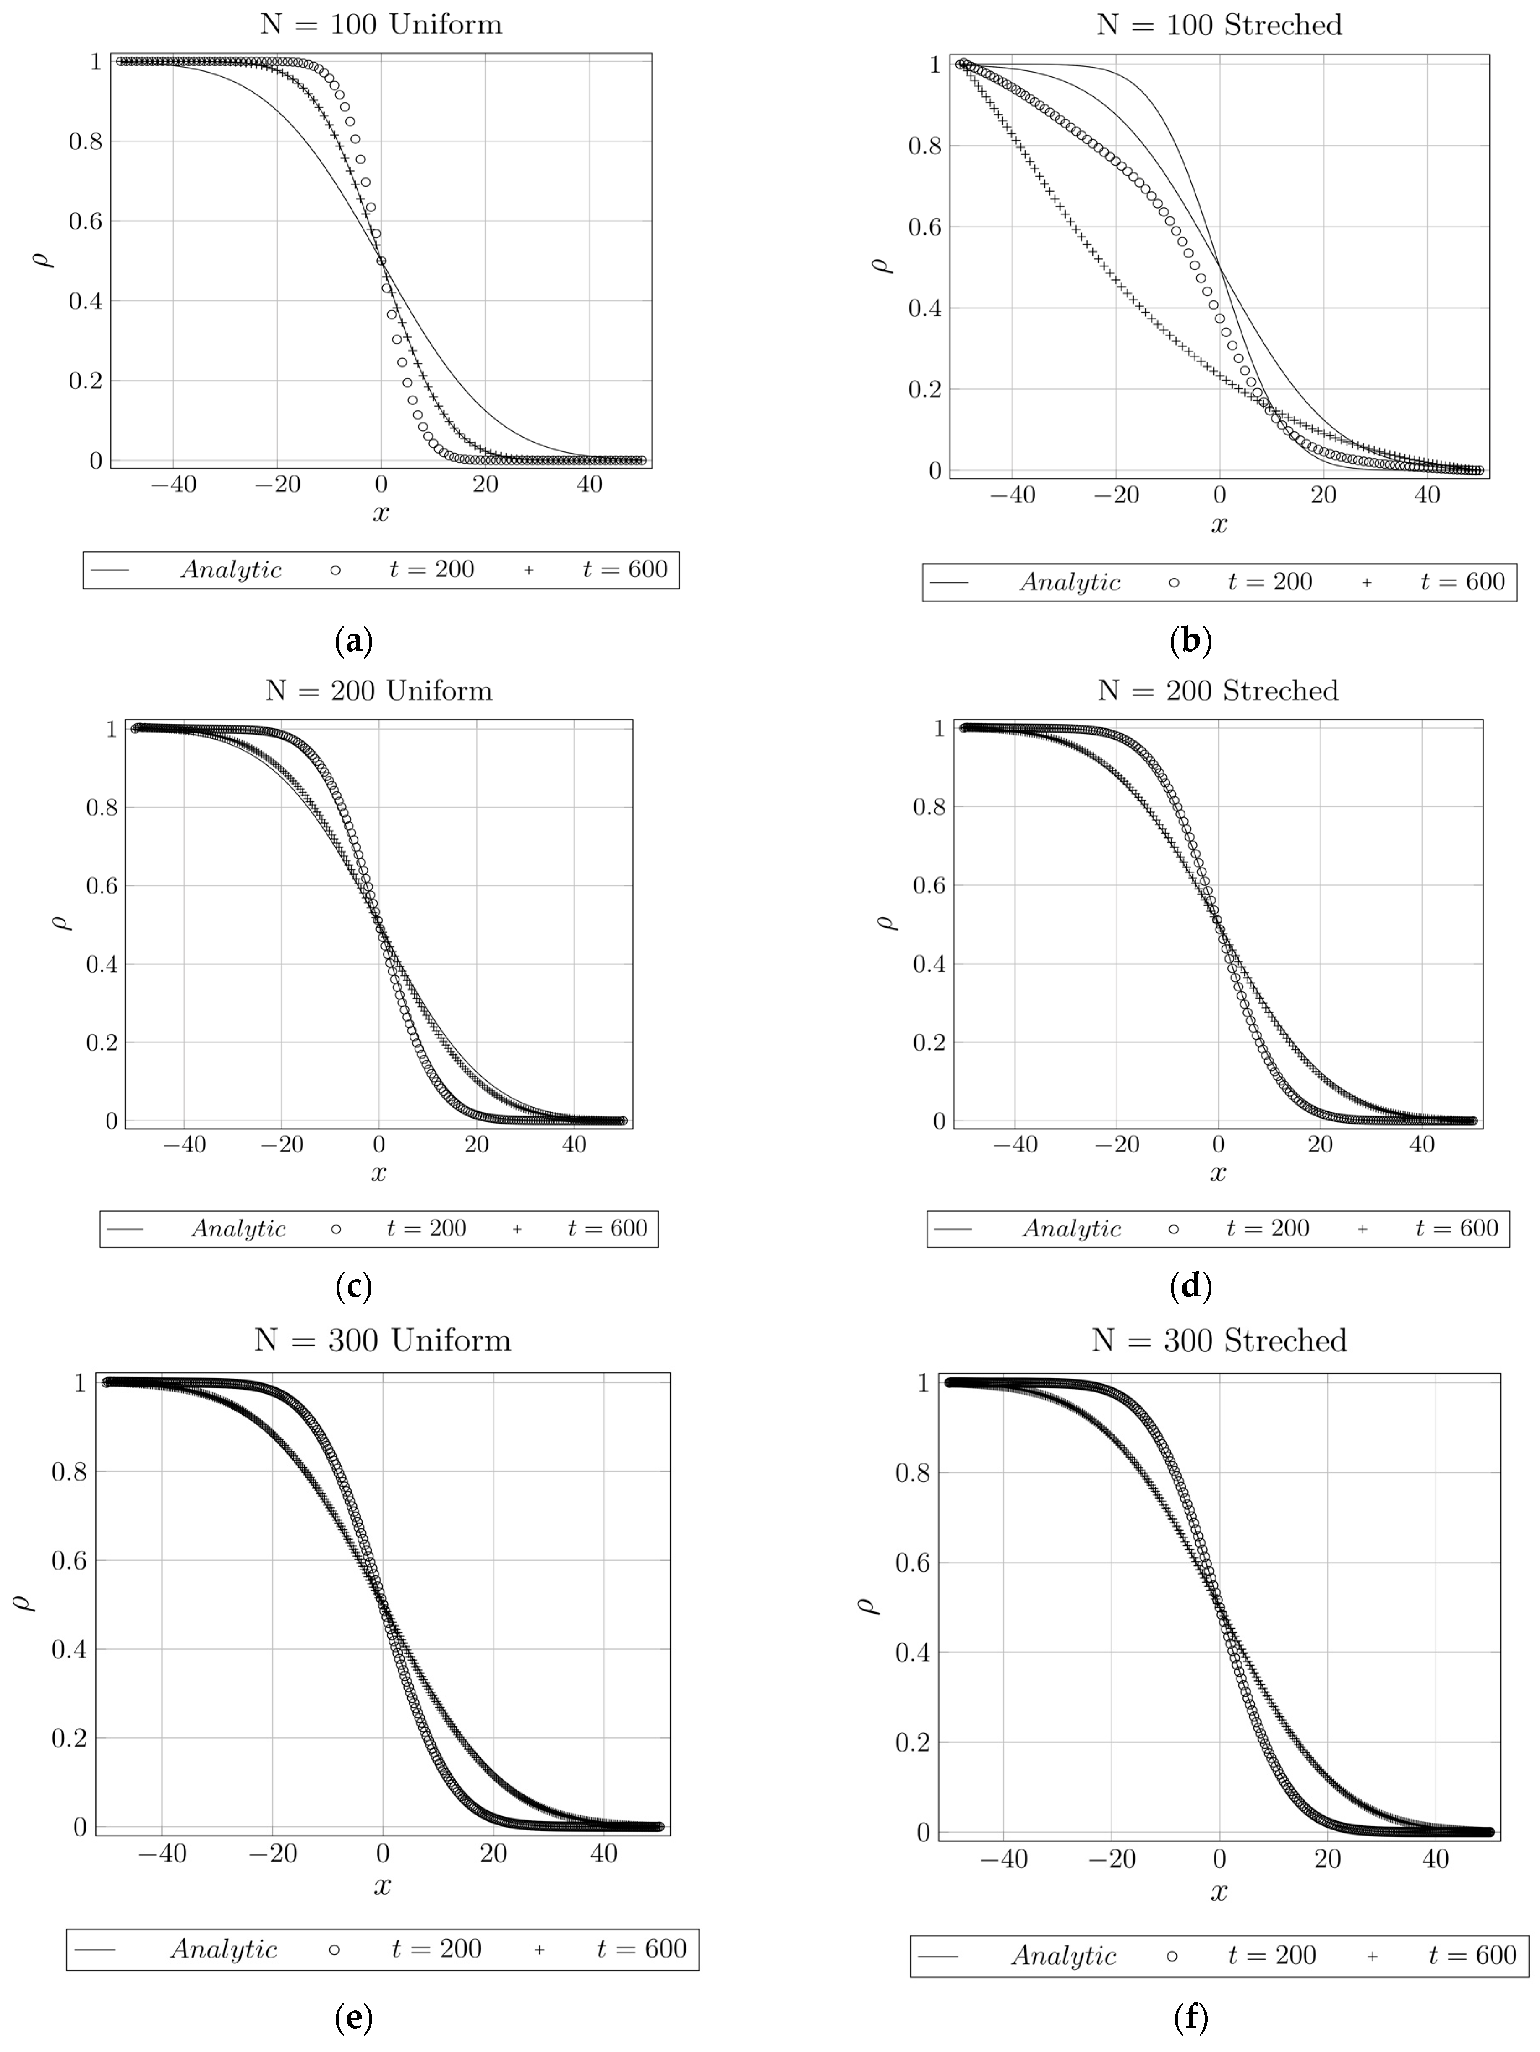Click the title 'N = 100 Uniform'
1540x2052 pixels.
pyautogui.click(x=381, y=24)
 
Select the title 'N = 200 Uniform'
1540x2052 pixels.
pyautogui.click(x=378, y=691)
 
